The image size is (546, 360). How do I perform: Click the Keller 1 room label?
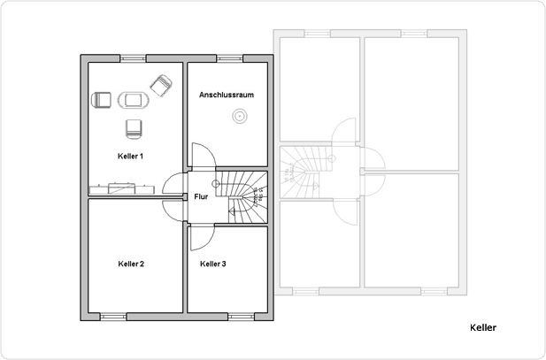pyautogui.click(x=130, y=156)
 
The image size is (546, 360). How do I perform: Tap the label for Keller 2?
pyautogui.click(x=130, y=264)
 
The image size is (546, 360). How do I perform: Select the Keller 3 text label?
pyautogui.click(x=213, y=264)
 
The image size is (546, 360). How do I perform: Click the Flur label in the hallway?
pyautogui.click(x=201, y=197)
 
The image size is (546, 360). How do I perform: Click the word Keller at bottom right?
pyautogui.click(x=482, y=327)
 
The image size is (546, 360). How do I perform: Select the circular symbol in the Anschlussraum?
pyautogui.click(x=238, y=115)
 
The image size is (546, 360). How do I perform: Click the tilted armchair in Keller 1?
pyautogui.click(x=161, y=84)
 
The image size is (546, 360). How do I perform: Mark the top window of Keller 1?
pyautogui.click(x=135, y=58)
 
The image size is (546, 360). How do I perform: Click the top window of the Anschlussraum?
pyautogui.click(x=230, y=58)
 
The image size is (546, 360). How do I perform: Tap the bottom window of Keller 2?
pyautogui.click(x=114, y=316)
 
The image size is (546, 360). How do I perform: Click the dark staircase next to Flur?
pyautogui.click(x=242, y=195)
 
